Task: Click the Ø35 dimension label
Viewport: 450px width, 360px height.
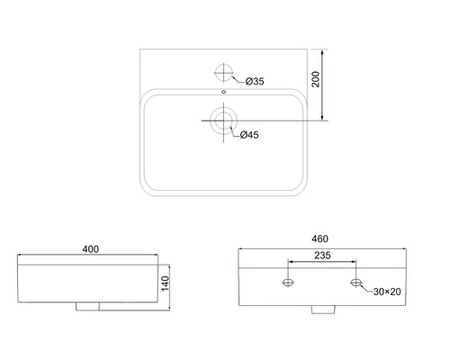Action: [254, 82]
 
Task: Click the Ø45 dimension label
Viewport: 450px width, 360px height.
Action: [248, 135]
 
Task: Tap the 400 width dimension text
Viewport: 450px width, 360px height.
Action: [89, 248]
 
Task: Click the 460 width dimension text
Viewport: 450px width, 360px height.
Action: [320, 238]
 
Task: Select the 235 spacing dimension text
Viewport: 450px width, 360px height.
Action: [320, 256]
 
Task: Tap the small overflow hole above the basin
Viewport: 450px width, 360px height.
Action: [221, 91]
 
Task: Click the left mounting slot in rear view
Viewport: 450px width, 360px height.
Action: [287, 283]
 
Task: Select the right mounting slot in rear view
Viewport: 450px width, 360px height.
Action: [355, 283]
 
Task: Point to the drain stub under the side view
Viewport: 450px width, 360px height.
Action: [89, 307]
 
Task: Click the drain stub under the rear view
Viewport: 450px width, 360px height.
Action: [320, 310]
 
